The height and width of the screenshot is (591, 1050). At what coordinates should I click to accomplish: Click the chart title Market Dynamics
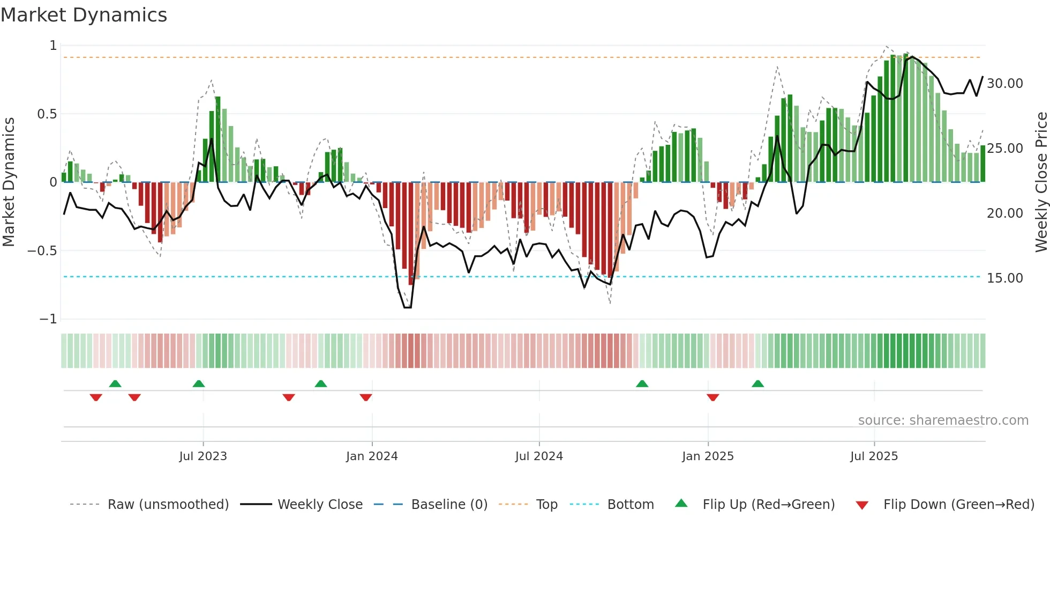pos(84,15)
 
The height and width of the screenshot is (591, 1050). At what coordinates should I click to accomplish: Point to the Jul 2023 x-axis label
pos(203,456)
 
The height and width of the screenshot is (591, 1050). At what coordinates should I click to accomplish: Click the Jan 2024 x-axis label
pos(372,456)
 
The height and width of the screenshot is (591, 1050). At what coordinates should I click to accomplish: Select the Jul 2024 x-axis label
pos(539,456)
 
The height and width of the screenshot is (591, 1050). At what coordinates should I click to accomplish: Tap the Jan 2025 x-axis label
pos(708,456)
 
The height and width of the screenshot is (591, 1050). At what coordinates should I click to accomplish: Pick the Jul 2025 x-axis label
pos(874,456)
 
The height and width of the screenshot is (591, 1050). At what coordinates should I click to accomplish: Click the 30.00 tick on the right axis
pos(1004,84)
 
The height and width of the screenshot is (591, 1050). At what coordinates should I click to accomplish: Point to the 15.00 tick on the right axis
pos(1004,278)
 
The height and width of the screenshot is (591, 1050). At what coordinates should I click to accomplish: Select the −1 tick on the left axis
pos(48,319)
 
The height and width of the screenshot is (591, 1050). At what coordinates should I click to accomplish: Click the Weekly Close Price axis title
pos(1041,182)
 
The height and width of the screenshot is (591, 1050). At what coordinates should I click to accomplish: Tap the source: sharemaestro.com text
pos(943,420)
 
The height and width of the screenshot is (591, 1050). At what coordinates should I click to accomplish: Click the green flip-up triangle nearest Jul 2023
pos(199,384)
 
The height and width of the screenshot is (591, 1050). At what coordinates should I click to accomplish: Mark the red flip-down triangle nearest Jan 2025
pos(712,397)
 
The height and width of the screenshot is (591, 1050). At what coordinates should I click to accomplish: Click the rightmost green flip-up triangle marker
pos(757,384)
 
